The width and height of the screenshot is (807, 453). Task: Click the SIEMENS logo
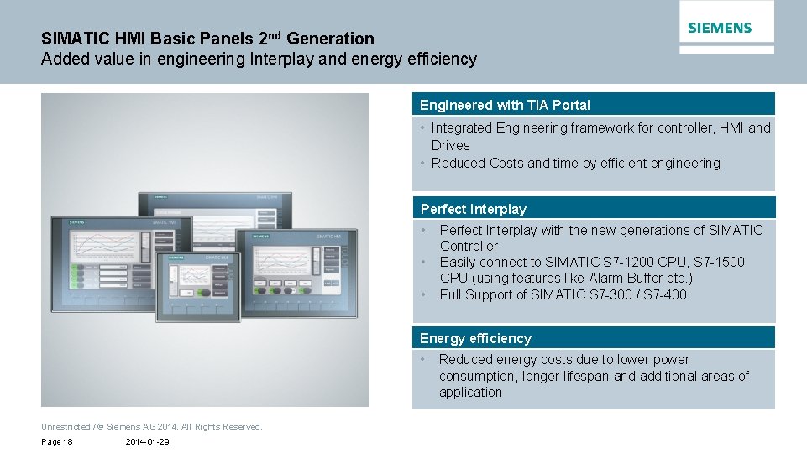tap(720, 28)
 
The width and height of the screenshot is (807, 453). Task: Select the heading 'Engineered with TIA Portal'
tap(505, 105)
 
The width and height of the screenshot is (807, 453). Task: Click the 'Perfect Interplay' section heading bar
tap(593, 209)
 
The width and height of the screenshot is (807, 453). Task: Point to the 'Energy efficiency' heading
tap(475, 338)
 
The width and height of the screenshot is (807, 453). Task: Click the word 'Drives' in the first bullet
tap(450, 145)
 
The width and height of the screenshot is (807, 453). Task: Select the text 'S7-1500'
tap(719, 262)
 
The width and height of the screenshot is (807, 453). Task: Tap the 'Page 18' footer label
tap(57, 442)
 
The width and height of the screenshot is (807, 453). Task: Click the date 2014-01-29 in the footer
tap(147, 442)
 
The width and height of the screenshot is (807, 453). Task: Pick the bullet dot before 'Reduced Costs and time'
tap(423, 164)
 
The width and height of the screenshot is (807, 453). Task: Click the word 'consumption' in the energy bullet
tap(477, 376)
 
